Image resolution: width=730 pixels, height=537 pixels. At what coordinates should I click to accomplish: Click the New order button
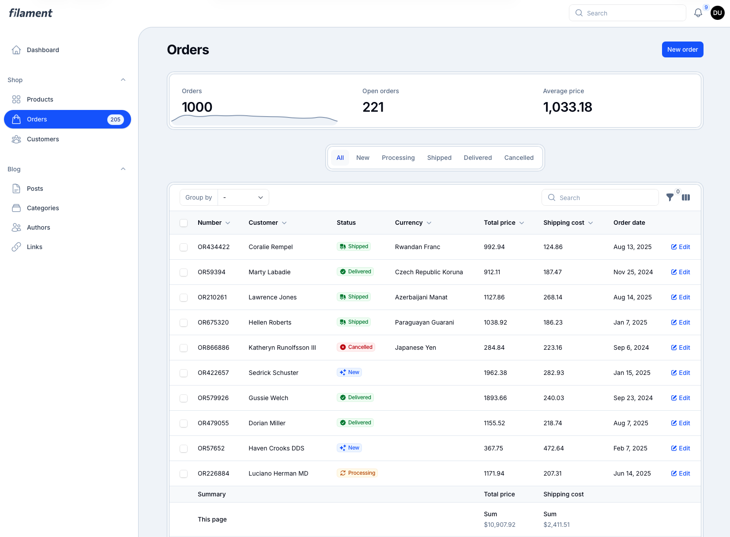tap(682, 49)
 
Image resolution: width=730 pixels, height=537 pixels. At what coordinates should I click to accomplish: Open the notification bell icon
tap(698, 13)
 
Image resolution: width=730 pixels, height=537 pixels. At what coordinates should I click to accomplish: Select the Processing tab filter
tap(398, 158)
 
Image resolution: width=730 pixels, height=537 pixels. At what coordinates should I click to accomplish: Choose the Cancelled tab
tap(519, 158)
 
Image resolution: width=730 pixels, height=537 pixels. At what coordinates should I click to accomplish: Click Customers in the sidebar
tap(43, 139)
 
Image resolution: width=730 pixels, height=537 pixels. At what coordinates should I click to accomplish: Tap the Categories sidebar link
tap(43, 208)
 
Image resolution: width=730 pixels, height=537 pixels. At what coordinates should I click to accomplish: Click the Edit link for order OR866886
tap(681, 348)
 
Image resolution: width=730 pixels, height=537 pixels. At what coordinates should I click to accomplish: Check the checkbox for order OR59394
tap(184, 272)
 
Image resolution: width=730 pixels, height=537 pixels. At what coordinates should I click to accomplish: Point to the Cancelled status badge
tap(356, 347)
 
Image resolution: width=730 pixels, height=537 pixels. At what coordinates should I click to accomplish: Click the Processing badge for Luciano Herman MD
tap(357, 473)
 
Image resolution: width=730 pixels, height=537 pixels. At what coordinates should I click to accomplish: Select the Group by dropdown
tap(243, 197)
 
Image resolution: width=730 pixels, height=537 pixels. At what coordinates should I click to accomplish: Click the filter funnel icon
tap(670, 197)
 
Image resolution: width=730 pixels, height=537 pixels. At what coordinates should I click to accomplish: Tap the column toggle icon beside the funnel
tap(686, 197)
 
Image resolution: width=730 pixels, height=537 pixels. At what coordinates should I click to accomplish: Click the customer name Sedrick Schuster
tap(273, 373)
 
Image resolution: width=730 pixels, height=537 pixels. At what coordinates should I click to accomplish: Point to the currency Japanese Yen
tap(415, 348)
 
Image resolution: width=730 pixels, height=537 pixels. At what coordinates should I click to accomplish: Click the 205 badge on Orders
tap(116, 119)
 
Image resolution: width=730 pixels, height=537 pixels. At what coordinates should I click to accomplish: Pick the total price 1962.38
tap(495, 373)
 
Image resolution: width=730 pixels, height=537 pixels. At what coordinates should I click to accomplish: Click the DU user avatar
tap(718, 13)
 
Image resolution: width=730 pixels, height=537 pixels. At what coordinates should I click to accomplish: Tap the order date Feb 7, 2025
tap(630, 448)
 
